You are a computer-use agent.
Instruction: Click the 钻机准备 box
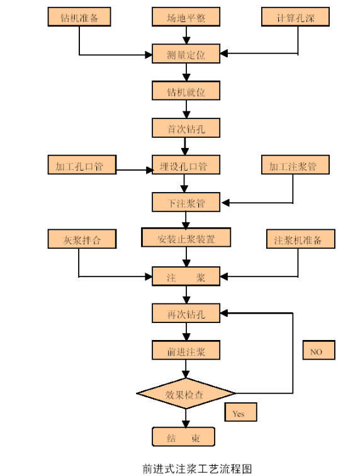[79, 17]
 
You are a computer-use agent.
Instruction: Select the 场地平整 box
[186, 17]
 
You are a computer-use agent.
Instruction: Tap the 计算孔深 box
[295, 17]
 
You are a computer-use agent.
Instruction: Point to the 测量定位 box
[186, 54]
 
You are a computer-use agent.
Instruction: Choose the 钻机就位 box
[186, 91]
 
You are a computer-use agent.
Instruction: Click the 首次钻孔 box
[186, 128]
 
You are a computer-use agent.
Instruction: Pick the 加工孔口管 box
[82, 165]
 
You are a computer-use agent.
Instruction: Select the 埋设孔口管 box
[186, 165]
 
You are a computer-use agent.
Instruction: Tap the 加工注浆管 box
[295, 165]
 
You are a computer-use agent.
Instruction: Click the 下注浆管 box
[186, 202]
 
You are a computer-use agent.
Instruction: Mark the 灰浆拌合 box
[82, 239]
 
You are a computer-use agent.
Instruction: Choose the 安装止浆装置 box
[186, 238]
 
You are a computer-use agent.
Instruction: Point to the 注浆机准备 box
[301, 239]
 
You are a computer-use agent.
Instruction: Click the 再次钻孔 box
[186, 314]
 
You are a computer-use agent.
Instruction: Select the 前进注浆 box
[186, 350]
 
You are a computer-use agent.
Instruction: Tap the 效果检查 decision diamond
[186, 394]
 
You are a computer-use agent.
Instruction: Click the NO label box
[318, 350]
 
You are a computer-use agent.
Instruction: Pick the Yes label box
[240, 412]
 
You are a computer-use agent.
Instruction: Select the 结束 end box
[183, 437]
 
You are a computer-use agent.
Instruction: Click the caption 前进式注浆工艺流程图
[197, 468]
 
